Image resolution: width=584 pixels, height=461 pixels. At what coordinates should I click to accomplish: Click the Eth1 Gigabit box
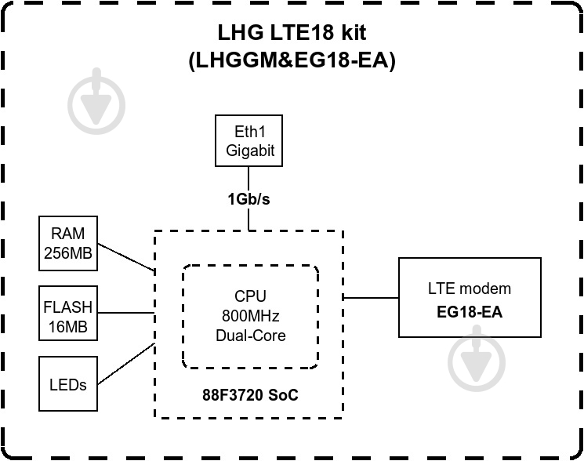point(249,142)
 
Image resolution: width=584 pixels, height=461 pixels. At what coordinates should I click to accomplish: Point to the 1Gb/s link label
point(248,198)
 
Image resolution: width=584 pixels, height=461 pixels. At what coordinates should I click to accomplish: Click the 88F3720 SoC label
point(250,395)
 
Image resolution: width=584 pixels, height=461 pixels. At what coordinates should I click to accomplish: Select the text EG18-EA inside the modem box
point(469,312)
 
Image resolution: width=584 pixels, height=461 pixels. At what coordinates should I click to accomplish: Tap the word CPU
point(250,296)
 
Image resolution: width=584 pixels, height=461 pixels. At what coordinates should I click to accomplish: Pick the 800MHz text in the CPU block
point(250,316)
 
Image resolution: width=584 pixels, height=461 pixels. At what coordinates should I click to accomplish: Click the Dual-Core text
point(250,336)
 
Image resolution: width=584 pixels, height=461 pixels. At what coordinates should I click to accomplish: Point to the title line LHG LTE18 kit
point(292,33)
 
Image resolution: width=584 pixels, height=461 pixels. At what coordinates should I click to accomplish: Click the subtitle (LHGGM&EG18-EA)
point(292,60)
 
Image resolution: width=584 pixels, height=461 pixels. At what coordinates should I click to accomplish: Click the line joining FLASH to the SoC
point(125,314)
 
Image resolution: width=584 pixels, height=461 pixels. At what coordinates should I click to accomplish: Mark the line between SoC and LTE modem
point(371,298)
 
